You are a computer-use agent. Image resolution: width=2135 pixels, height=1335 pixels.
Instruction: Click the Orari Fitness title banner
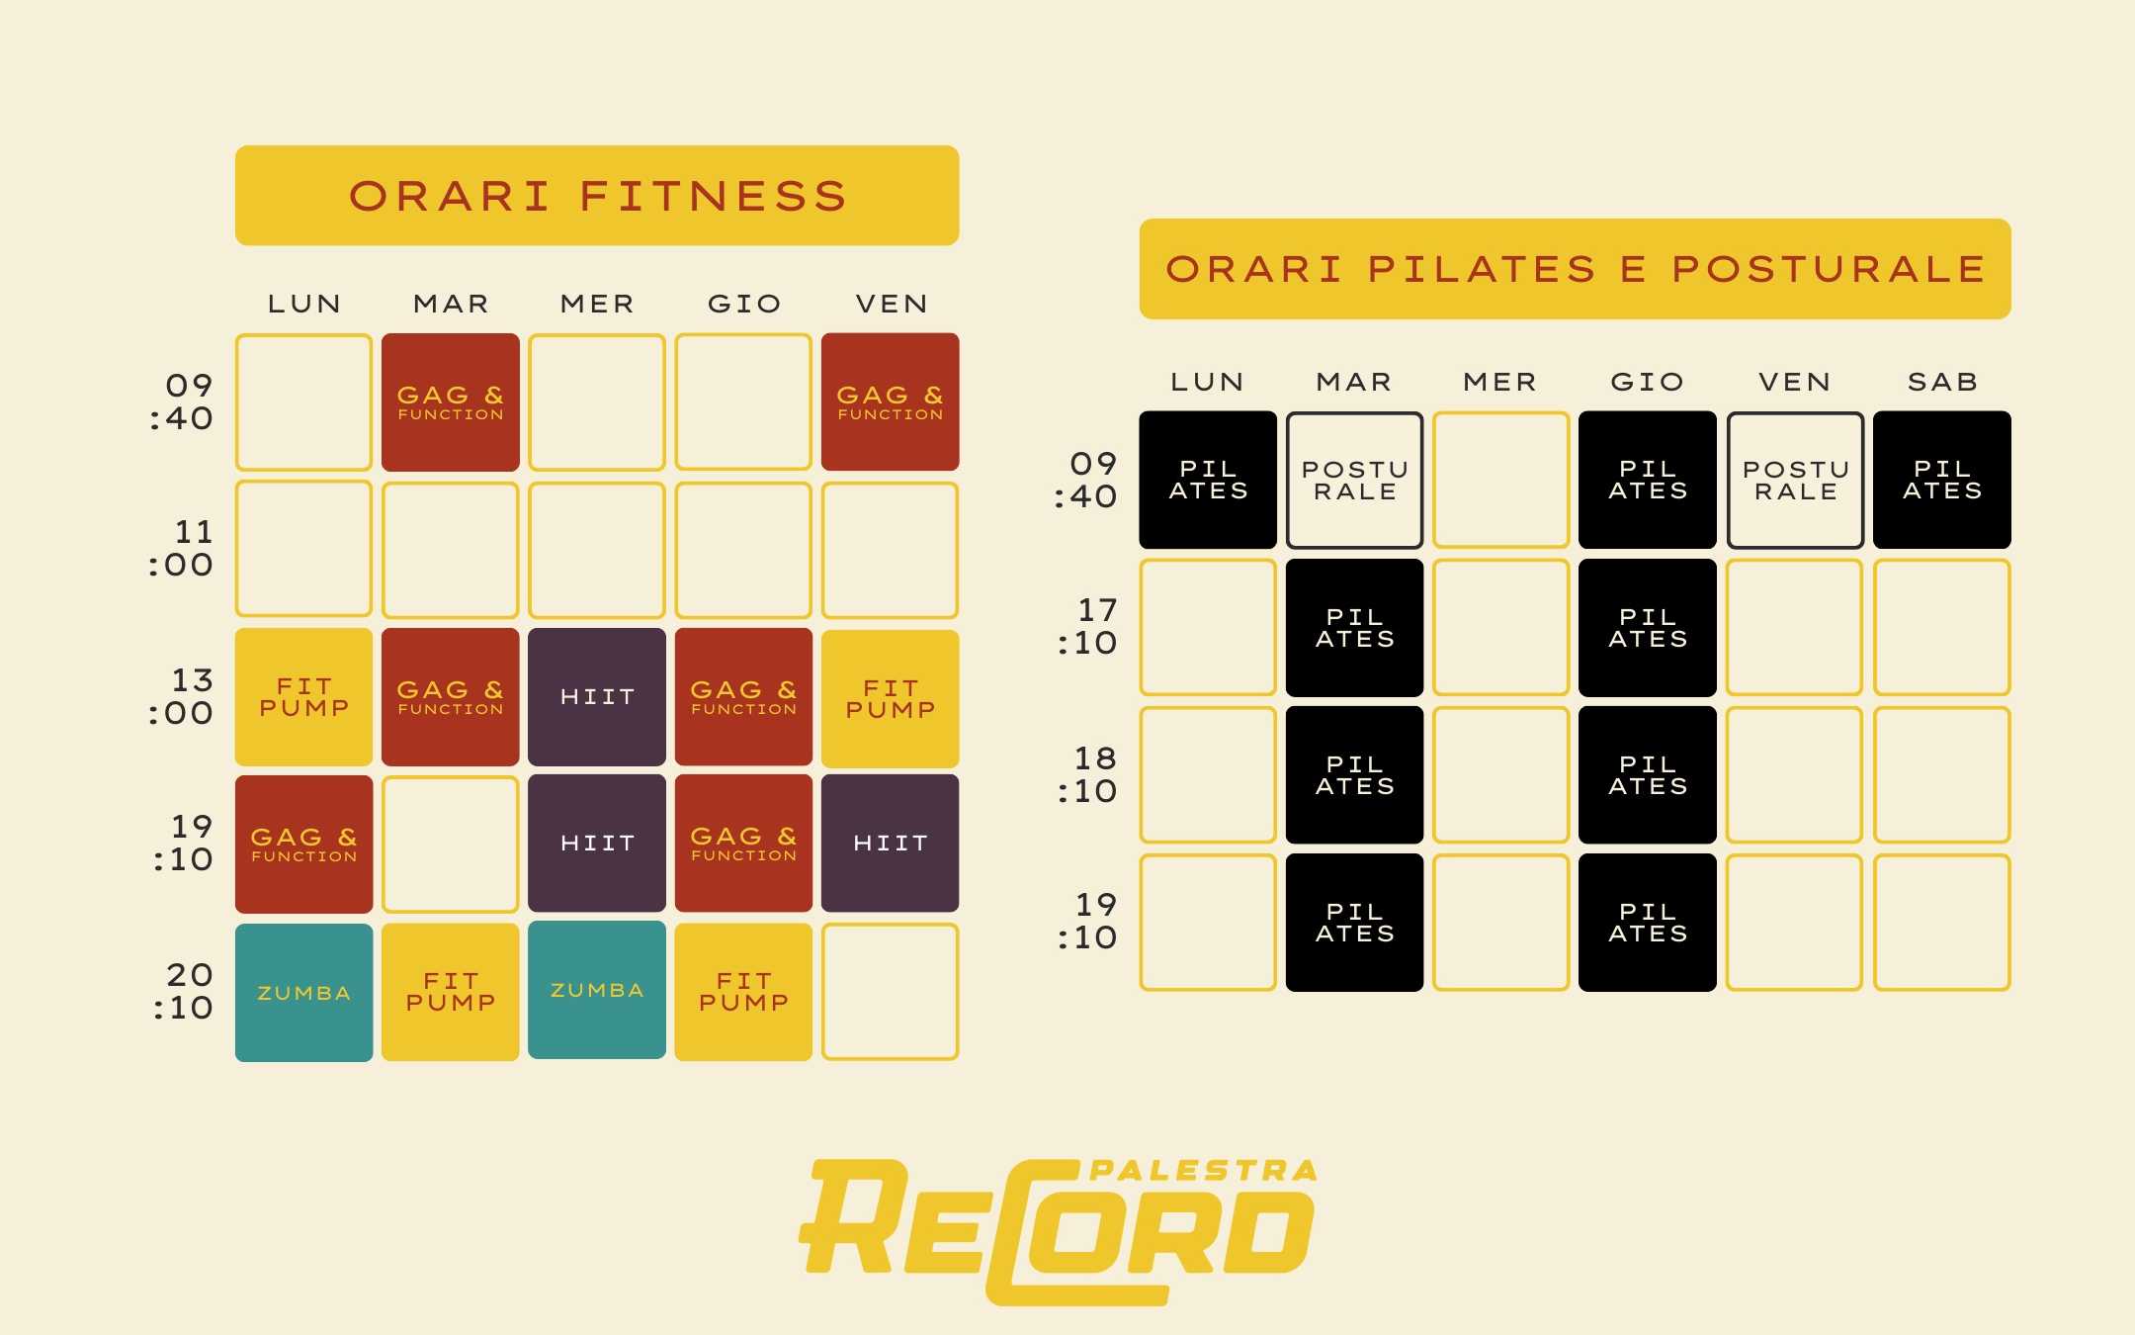(597, 196)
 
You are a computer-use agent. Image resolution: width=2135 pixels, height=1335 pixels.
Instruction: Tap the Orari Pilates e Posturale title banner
(1575, 269)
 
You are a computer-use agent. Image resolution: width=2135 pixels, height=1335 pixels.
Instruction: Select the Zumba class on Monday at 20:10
(303, 992)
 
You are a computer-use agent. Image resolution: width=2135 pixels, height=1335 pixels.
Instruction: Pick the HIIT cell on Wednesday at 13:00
(597, 697)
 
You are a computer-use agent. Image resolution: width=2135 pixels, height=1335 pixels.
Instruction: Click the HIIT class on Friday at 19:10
(890, 844)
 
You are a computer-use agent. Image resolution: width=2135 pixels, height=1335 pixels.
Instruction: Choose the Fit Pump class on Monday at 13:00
(303, 697)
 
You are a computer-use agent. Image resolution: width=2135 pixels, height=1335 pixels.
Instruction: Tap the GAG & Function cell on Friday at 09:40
(890, 401)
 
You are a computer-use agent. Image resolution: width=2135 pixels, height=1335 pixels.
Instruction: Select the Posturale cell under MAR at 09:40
(1354, 481)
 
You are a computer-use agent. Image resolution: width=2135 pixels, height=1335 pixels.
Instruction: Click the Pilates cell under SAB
(1942, 480)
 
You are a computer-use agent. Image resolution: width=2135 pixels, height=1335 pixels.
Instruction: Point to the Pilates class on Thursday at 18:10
(1648, 775)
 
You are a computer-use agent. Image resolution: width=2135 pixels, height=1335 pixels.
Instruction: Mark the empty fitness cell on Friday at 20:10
(890, 992)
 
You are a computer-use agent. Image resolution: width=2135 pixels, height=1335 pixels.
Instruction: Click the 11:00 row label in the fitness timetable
(181, 549)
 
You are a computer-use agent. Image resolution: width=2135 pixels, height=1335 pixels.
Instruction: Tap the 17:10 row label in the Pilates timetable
(1087, 627)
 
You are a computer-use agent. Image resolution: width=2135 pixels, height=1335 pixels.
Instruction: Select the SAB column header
(1942, 382)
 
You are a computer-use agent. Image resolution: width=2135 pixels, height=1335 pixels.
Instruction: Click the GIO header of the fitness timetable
(744, 304)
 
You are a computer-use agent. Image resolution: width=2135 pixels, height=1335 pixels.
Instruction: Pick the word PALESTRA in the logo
(1204, 1171)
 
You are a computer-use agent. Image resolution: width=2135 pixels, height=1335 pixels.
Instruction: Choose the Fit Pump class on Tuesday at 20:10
(450, 992)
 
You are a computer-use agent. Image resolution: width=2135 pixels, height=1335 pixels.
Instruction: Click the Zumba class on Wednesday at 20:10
(597, 990)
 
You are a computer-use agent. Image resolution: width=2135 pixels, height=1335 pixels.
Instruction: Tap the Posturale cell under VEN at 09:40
(1795, 481)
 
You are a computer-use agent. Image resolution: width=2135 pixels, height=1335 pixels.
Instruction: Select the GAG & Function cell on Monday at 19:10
(303, 845)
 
